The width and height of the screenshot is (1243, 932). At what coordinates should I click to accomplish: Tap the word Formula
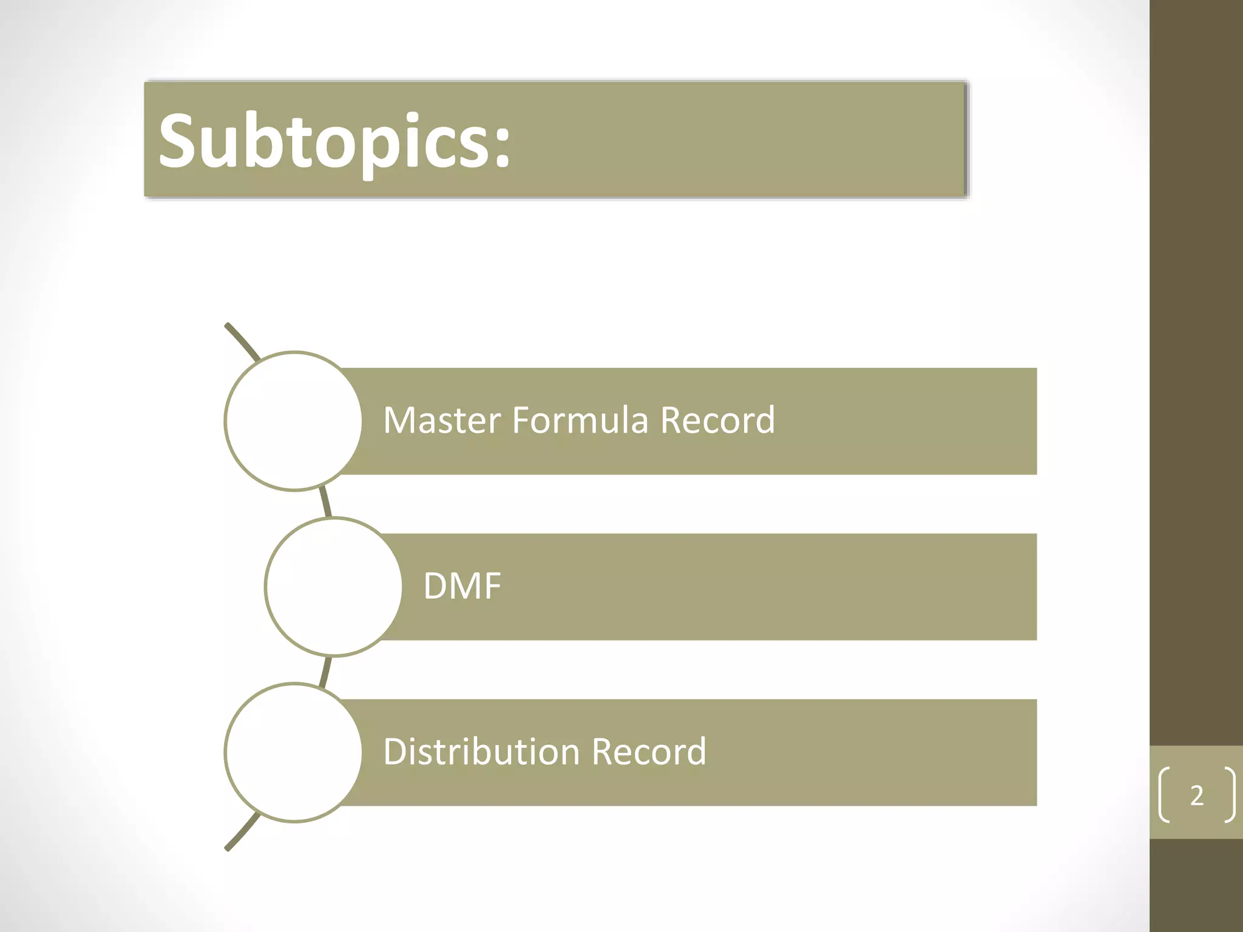point(580,420)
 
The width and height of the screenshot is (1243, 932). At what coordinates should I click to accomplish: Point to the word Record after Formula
point(717,420)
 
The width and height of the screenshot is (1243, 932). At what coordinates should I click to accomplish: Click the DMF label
point(462,586)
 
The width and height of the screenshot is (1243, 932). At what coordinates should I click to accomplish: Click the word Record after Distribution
point(649,752)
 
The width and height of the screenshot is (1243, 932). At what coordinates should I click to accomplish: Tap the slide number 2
point(1196,795)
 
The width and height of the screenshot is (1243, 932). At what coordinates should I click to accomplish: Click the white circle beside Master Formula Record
point(294,421)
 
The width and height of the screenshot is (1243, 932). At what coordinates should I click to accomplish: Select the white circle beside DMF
point(334,587)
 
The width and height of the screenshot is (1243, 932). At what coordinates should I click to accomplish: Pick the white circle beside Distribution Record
point(294,752)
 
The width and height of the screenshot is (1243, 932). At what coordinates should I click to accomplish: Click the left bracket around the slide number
point(1164,795)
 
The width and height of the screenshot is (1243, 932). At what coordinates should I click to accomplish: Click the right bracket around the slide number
point(1230,795)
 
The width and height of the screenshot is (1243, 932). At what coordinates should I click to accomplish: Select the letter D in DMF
point(435,586)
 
